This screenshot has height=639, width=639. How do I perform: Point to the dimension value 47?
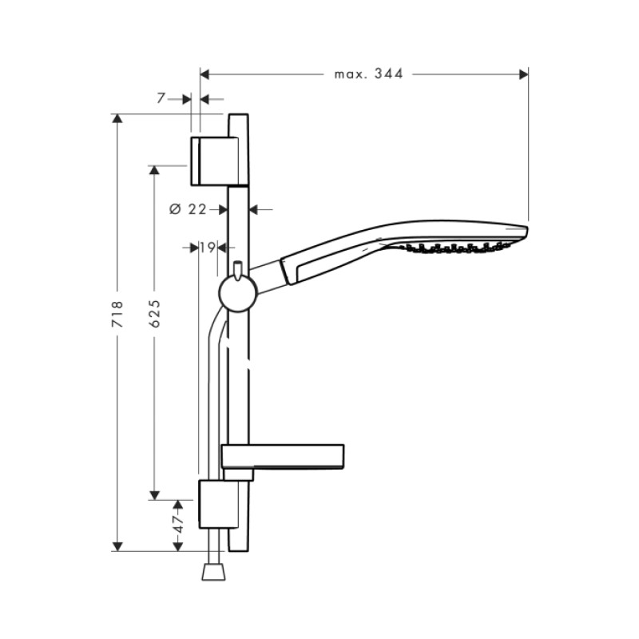178,524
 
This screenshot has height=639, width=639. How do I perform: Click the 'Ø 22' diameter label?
188,209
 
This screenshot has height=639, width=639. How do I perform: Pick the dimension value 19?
207,248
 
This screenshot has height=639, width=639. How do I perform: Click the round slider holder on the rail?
237,292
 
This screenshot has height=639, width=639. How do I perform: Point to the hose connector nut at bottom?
213,571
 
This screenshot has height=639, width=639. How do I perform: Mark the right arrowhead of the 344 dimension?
524,74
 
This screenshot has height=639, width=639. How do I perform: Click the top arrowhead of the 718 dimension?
117,120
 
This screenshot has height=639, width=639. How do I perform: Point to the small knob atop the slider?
237,267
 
